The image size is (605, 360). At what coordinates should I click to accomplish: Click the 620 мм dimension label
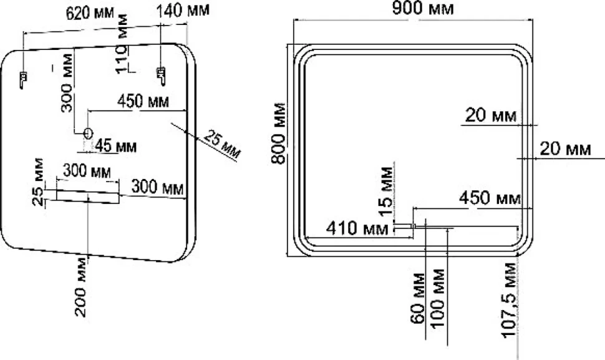tap(90, 12)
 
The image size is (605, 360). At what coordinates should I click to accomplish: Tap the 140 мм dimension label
tap(183, 9)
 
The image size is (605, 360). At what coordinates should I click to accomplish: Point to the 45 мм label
tap(116, 146)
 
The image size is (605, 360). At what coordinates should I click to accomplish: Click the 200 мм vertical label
tap(82, 286)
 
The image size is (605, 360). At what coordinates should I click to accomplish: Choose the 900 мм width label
tap(422, 7)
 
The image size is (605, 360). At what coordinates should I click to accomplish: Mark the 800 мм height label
tap(278, 134)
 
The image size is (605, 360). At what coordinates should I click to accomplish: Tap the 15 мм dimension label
tap(386, 191)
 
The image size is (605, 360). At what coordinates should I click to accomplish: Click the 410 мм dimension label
tap(357, 228)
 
